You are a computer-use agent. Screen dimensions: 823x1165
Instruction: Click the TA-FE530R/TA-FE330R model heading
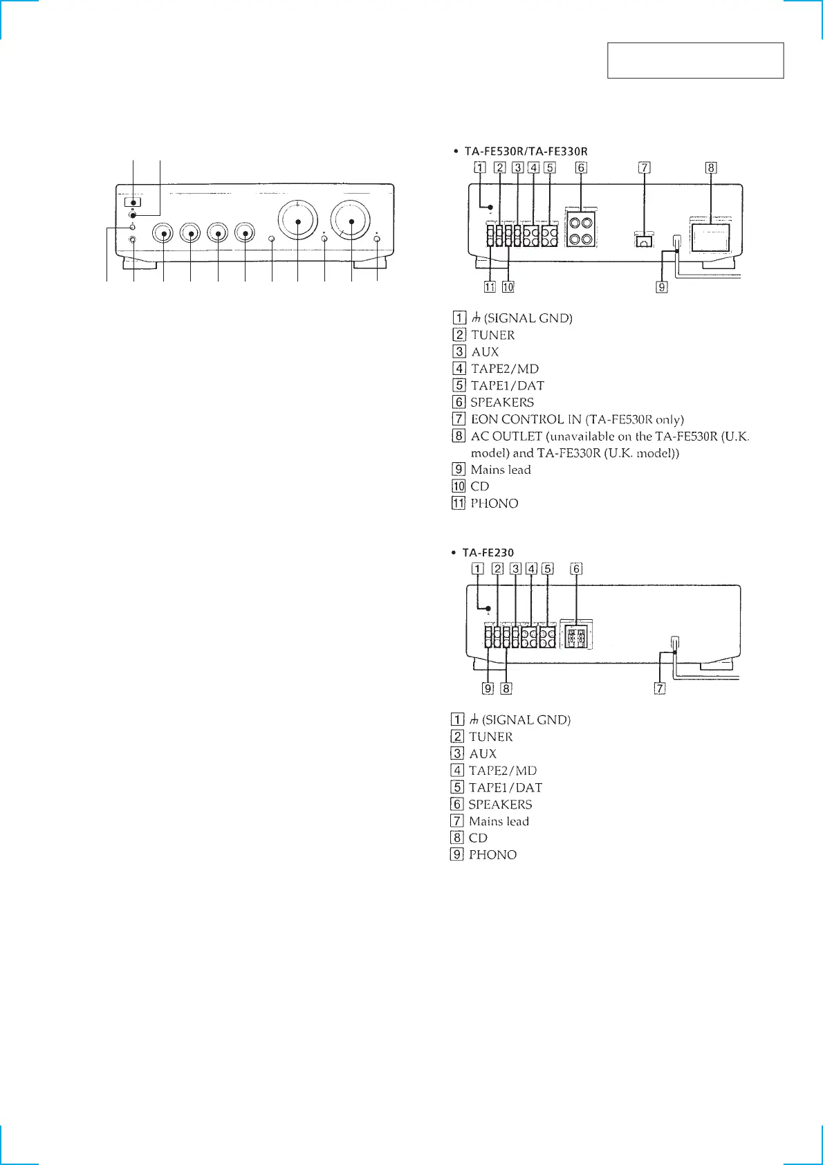526,152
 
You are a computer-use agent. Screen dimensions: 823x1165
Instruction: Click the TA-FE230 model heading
488,553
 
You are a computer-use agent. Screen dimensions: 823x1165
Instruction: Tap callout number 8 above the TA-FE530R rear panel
711,167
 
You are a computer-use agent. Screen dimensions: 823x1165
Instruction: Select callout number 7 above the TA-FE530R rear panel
645,167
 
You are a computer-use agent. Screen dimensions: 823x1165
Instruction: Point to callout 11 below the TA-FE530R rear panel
490,287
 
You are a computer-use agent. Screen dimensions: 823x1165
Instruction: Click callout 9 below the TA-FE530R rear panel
662,287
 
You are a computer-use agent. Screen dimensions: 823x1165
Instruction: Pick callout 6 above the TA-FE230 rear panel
576,569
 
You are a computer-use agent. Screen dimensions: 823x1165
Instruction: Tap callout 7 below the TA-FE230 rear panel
660,688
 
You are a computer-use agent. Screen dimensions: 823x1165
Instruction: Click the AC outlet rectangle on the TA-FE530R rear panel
711,237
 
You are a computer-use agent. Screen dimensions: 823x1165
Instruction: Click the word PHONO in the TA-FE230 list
492,855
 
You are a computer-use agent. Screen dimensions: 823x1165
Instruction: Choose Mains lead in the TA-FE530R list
501,470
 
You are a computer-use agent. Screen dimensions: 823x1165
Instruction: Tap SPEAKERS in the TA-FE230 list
500,805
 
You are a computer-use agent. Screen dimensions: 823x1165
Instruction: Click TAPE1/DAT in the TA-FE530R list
507,385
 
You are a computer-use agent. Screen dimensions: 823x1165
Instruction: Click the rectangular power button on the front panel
133,203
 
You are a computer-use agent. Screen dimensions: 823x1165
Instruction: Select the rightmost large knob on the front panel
351,221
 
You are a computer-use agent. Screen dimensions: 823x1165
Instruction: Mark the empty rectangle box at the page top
695,60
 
